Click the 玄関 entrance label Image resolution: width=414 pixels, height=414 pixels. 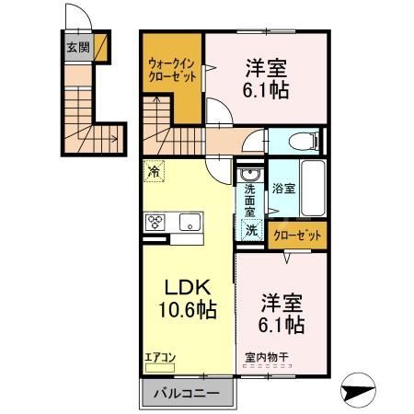tap(77, 46)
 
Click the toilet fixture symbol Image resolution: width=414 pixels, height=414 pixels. tap(303, 142)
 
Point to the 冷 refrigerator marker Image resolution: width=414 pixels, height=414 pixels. tap(154, 171)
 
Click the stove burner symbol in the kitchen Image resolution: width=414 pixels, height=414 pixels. tap(155, 221)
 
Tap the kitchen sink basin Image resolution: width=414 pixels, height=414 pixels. tap(190, 222)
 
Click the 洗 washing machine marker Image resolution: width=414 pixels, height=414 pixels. tap(250, 231)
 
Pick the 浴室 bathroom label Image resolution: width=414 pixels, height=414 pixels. tap(282, 188)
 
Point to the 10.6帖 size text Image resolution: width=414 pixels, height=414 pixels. tap(184, 310)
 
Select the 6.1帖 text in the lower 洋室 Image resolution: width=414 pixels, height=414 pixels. tap(282, 325)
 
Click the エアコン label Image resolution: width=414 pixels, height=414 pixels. tap(159, 353)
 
